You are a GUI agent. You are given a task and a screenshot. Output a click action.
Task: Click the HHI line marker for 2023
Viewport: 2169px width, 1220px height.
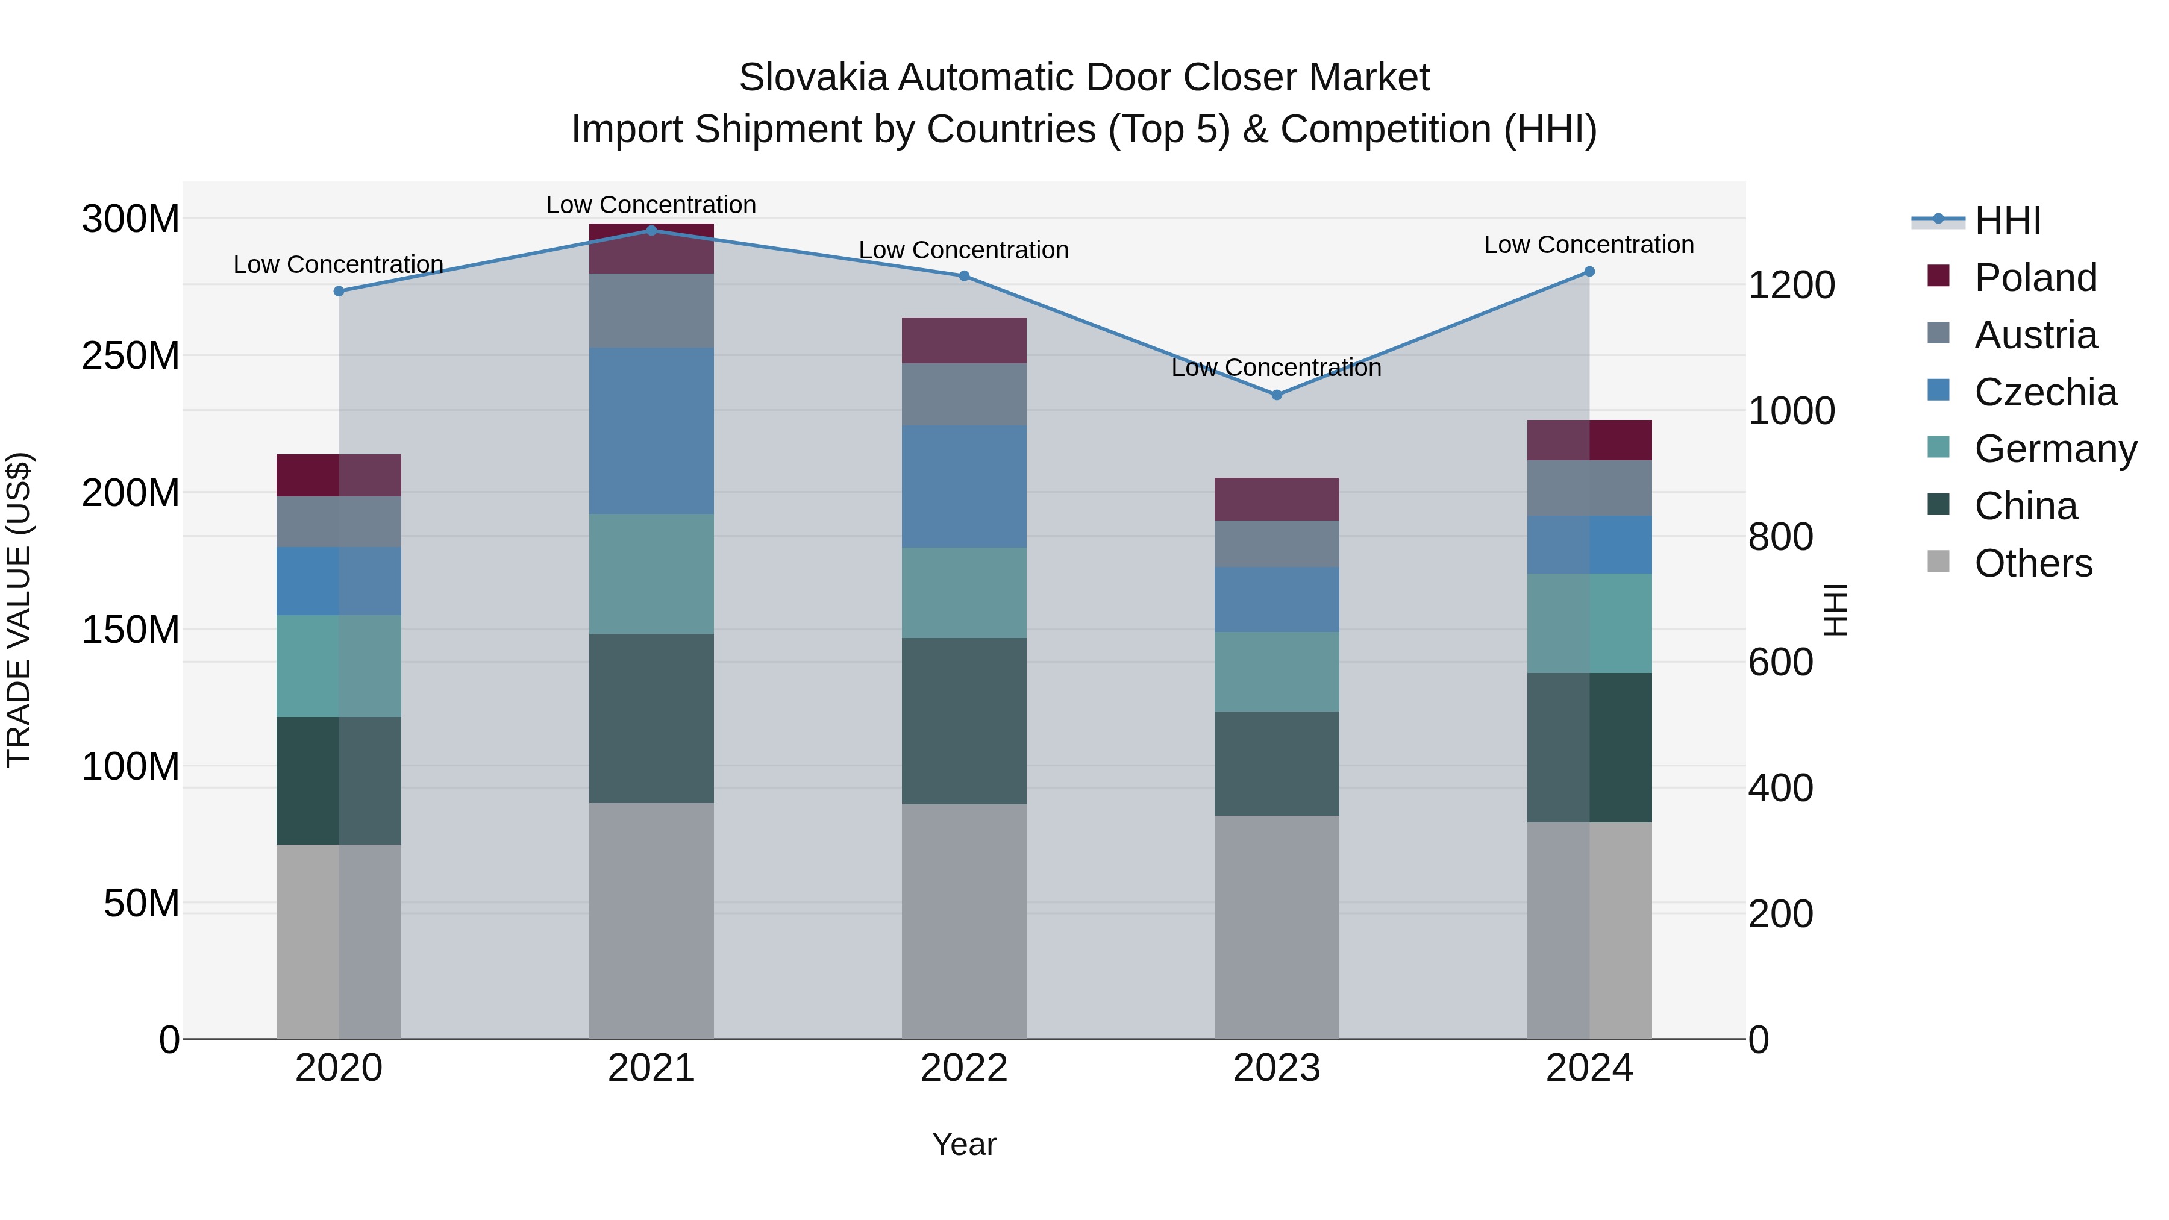1277,395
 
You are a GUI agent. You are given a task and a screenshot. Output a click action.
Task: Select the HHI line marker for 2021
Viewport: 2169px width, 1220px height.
651,230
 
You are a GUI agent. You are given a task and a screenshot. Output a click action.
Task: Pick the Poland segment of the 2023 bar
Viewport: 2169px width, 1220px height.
1277,499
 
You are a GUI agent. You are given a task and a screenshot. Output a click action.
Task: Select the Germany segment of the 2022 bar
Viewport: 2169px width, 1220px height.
964,593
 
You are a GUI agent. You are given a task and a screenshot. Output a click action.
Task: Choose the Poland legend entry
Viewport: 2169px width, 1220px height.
2034,278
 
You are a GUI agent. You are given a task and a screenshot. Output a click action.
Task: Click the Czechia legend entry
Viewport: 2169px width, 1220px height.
2044,392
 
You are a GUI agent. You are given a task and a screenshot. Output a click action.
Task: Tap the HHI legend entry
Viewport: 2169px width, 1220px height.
2006,221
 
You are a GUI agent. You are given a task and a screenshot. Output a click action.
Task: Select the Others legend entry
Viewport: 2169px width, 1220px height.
2033,563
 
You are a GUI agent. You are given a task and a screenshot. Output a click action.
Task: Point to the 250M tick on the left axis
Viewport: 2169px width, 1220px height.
131,356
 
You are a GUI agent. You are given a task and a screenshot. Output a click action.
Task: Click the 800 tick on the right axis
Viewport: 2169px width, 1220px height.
1780,537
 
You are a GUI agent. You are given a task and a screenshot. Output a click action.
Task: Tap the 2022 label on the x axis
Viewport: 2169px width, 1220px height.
964,1068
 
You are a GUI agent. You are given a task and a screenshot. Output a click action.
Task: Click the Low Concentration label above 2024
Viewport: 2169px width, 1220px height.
1589,245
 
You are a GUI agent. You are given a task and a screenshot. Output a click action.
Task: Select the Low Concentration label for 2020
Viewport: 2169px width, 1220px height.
339,264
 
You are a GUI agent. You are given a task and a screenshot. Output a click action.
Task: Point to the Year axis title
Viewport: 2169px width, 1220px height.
964,1144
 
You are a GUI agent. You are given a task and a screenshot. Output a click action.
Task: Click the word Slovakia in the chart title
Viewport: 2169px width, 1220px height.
813,78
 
